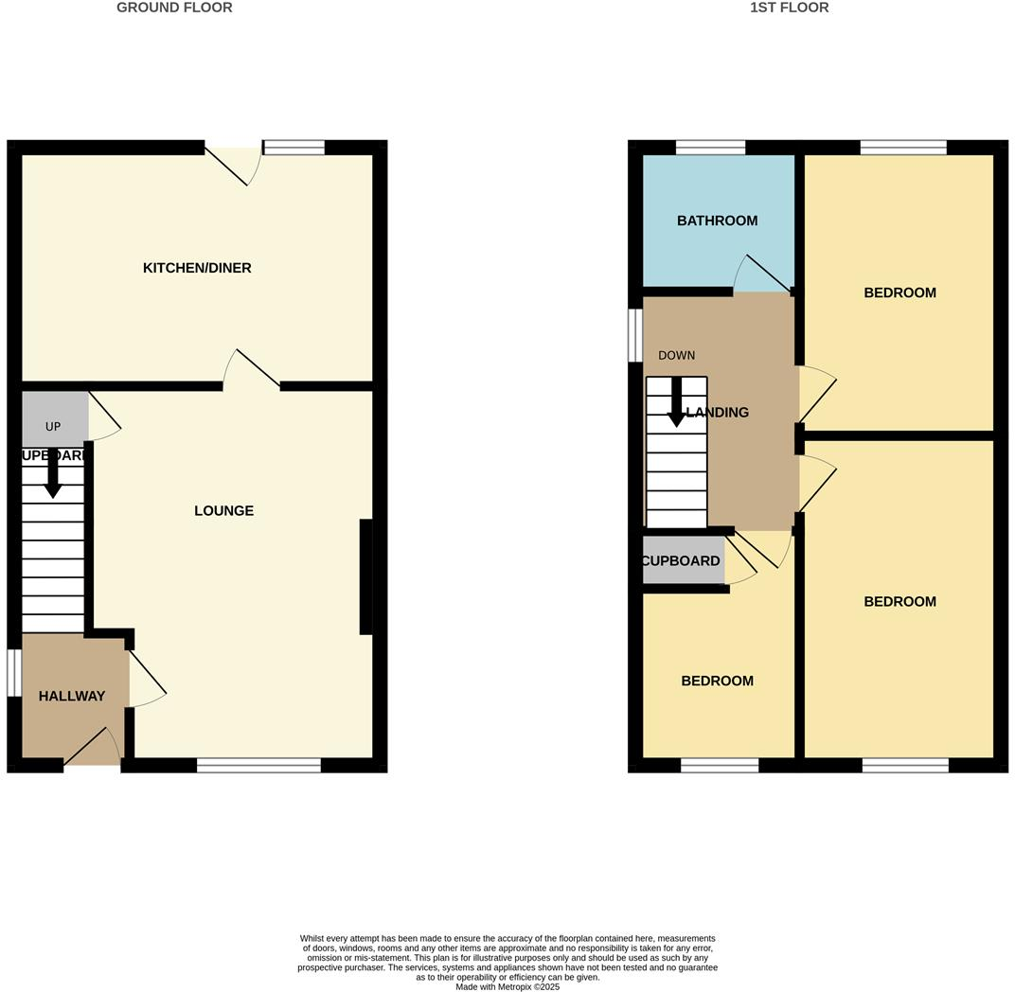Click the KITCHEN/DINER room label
point(197,268)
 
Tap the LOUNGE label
point(223,511)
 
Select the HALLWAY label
point(72,697)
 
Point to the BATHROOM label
point(717,221)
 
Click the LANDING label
point(717,413)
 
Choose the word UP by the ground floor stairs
point(53,427)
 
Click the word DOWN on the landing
point(676,356)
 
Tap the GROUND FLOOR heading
point(174,8)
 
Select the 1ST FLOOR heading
point(789,8)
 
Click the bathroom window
point(710,147)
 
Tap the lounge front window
point(258,765)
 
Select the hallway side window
point(14,673)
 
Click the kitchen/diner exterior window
point(294,147)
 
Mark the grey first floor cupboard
point(683,560)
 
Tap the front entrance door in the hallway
point(93,748)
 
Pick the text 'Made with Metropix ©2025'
point(508,986)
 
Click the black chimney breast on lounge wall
point(365,576)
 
